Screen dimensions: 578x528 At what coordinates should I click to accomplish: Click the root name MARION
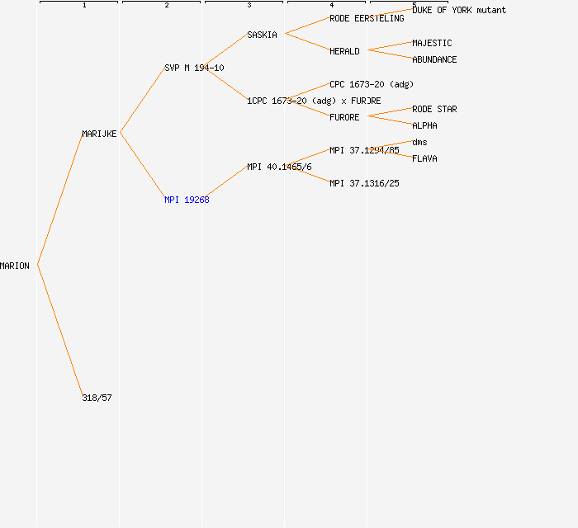coord(15,266)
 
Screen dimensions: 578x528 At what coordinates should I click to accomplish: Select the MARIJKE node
coord(99,134)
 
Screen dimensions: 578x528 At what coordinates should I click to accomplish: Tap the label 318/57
coord(97,398)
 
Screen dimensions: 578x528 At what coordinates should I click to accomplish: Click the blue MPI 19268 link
coord(187,200)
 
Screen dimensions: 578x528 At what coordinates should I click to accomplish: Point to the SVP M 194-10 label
coord(194,68)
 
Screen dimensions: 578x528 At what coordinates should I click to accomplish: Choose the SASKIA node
coord(262,35)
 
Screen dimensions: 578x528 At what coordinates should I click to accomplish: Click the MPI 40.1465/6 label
coord(279,167)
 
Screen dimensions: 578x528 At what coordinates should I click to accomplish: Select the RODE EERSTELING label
coord(367,18)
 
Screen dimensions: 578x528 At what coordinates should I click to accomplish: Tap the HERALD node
coord(344,51)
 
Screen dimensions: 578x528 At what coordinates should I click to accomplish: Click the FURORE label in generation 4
coord(344,117)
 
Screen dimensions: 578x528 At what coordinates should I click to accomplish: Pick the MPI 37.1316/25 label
coord(365,183)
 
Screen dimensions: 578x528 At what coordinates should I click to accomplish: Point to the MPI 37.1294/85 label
coord(365,150)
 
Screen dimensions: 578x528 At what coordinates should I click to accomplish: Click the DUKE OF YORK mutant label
coord(459,10)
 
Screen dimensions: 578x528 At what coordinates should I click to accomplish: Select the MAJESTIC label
coord(432,43)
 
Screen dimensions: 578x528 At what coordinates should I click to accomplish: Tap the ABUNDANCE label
coord(434,59)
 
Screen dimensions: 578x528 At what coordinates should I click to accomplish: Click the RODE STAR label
coord(434,109)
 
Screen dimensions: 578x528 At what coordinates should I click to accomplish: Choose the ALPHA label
coord(424,125)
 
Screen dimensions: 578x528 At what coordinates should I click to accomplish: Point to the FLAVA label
coord(424,158)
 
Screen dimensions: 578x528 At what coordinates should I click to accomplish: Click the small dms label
coord(419,142)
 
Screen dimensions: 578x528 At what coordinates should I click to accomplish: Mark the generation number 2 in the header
coord(167,5)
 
